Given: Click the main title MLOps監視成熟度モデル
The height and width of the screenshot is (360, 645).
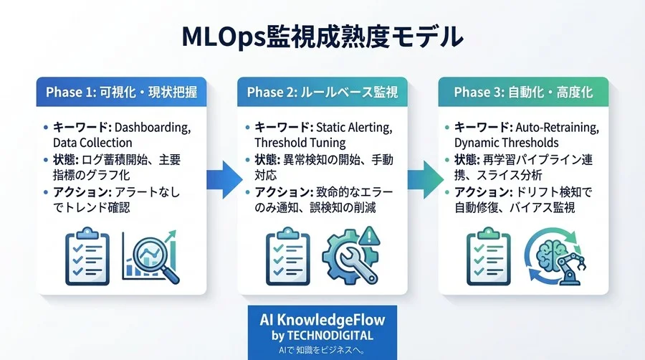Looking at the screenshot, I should click(x=322, y=37).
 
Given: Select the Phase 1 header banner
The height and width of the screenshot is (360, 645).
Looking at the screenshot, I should click(x=121, y=93).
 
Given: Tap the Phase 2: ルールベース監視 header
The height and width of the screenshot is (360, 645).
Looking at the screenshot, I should click(x=322, y=93).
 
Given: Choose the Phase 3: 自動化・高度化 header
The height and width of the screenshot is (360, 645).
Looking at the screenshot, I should click(x=522, y=93).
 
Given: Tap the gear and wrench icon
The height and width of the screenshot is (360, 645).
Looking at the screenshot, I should click(x=349, y=256).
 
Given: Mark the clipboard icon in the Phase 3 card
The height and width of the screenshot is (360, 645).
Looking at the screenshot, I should click(x=488, y=257).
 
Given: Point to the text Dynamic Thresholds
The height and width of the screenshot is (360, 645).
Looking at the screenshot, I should click(x=506, y=143).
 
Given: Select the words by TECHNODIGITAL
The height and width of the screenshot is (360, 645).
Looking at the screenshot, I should click(x=322, y=336).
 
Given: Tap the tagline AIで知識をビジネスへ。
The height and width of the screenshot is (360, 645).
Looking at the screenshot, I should click(x=322, y=349).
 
